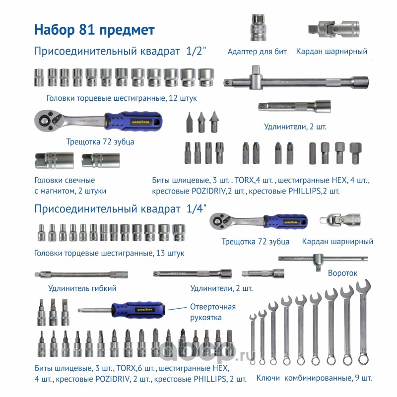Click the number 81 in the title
click(x=86, y=30)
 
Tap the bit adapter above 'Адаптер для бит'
click(x=258, y=28)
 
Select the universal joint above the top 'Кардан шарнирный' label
click(x=333, y=29)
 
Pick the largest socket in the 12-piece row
click(x=206, y=77)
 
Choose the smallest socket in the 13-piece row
click(x=42, y=233)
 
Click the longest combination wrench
click(x=364, y=322)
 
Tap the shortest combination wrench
click(x=253, y=339)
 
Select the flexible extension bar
click(x=81, y=275)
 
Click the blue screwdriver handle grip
click(x=138, y=310)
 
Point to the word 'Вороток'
click(x=342, y=273)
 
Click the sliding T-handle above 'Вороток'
click(x=323, y=259)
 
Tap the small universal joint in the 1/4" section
click(x=340, y=220)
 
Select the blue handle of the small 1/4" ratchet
click(x=286, y=222)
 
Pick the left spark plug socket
click(x=55, y=160)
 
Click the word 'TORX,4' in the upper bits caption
click(x=247, y=180)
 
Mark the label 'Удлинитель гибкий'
click(x=82, y=288)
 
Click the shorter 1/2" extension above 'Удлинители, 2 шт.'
click(x=294, y=106)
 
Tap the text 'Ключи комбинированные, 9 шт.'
click(x=314, y=378)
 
